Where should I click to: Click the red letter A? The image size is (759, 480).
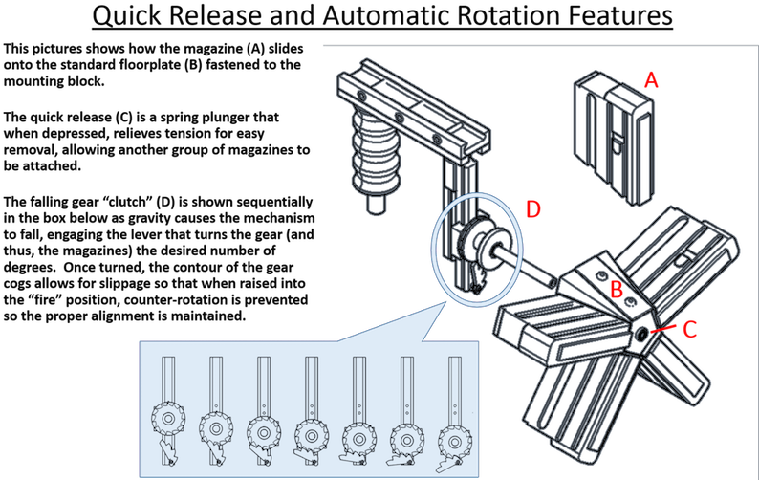click(651, 80)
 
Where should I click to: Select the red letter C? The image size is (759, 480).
click(689, 330)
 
